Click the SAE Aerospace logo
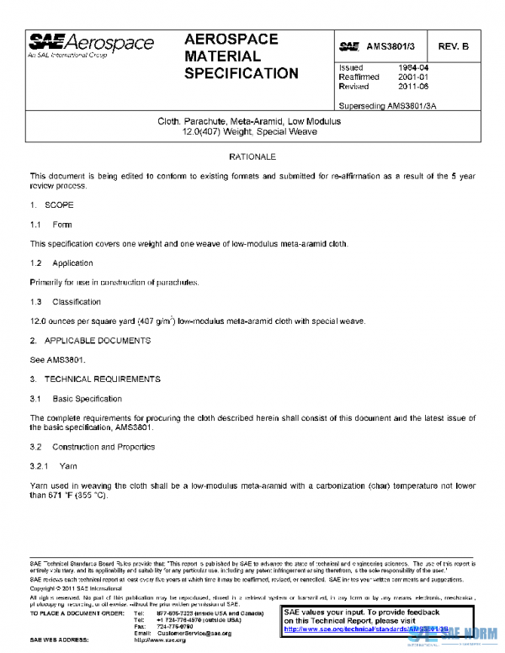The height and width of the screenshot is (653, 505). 92,45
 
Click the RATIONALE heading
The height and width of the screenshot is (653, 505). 252,157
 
